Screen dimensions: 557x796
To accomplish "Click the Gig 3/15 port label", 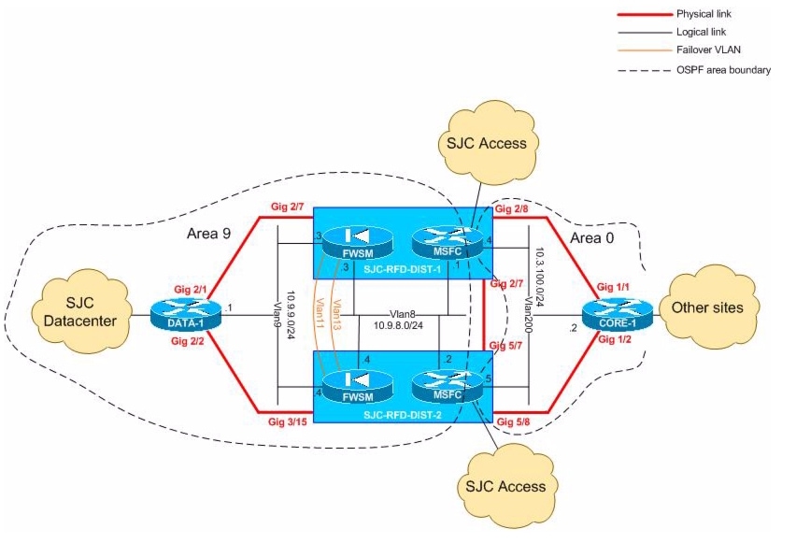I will [x=285, y=423].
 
